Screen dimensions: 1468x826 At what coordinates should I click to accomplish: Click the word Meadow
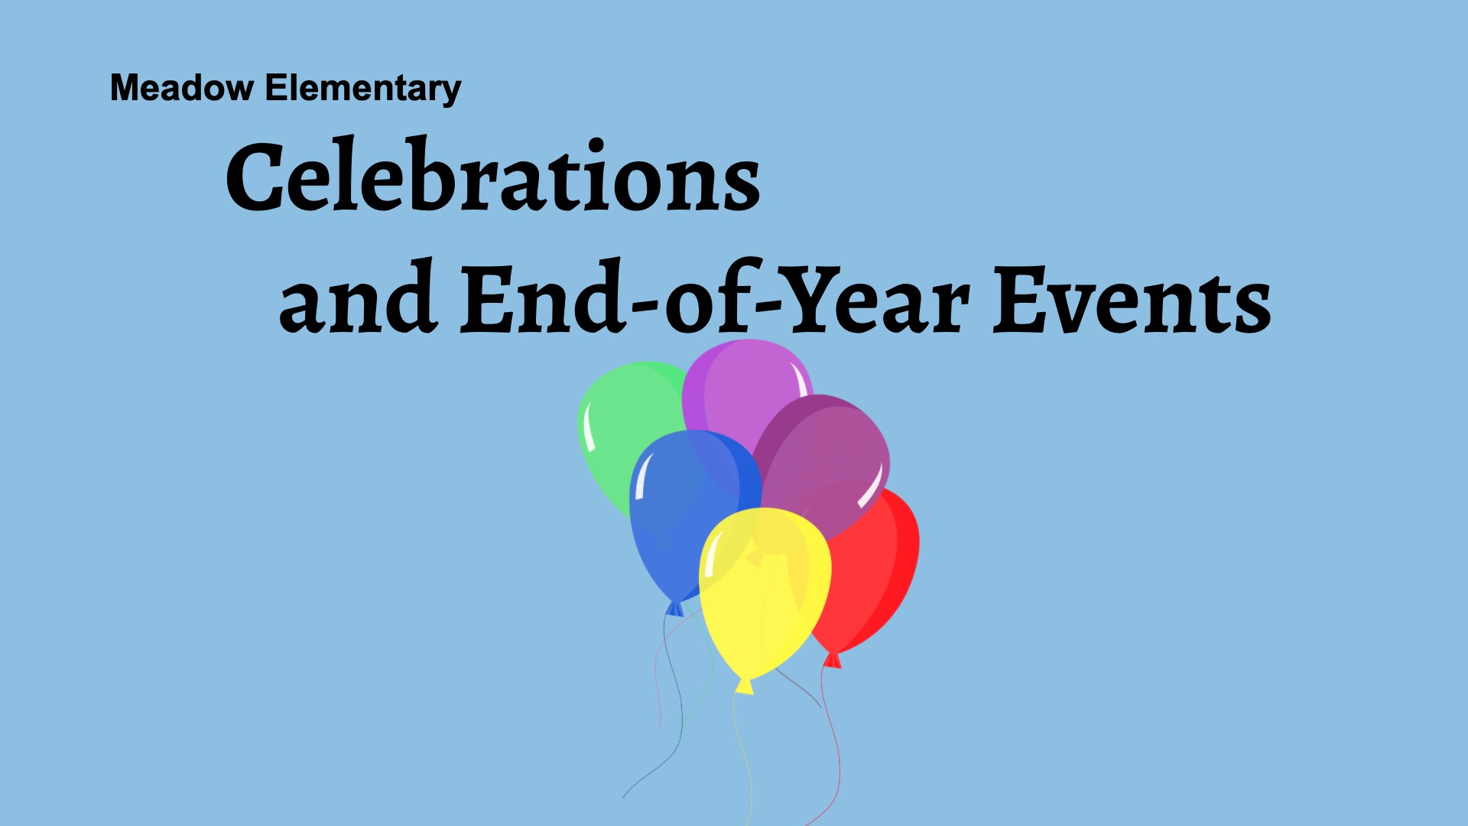pyautogui.click(x=182, y=88)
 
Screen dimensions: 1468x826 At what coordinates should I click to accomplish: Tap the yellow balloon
pyautogui.click(x=765, y=593)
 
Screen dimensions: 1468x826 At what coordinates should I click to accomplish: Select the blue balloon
pyautogui.click(x=688, y=512)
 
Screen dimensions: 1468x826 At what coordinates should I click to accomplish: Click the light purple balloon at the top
pyautogui.click(x=745, y=390)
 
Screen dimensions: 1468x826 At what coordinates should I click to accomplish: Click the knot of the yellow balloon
pyautogui.click(x=744, y=685)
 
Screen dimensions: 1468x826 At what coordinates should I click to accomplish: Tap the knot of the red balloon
pyautogui.click(x=832, y=659)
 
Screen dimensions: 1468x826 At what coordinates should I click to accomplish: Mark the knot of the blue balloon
pyautogui.click(x=675, y=608)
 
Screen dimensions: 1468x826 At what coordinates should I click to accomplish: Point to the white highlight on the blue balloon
pyautogui.click(x=641, y=476)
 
